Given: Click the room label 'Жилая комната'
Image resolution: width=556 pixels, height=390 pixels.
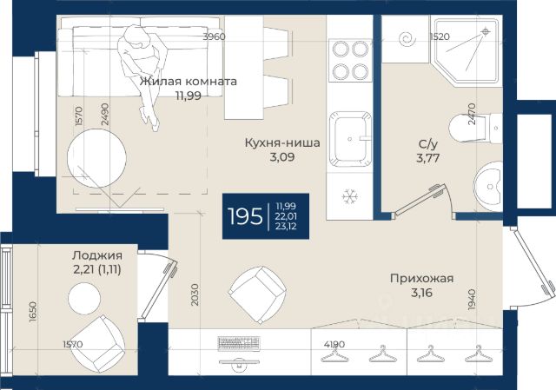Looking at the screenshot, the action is pos(188,82).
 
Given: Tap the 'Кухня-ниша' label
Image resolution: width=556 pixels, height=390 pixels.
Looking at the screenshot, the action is pos(282,142).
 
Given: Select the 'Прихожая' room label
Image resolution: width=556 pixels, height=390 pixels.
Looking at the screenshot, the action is pos(421,278).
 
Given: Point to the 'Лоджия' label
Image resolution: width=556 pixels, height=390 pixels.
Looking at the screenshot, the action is pos(97,255).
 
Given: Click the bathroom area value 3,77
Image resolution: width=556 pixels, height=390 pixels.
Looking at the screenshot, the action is pos(428,158).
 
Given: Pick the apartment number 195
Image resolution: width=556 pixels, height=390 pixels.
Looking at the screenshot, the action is pos(245,216).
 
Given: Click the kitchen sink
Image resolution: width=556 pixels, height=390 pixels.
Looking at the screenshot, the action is pos(350,139).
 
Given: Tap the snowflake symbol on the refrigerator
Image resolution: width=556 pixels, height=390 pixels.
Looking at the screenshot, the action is pos(350,196).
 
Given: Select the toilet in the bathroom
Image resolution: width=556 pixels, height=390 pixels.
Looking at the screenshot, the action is pos(475,128).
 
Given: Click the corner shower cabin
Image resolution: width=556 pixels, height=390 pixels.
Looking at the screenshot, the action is pos(467,50).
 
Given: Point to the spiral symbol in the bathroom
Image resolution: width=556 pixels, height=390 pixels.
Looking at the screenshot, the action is pos(407,38).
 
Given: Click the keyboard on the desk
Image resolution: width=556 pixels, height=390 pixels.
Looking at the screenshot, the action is pos(239,344).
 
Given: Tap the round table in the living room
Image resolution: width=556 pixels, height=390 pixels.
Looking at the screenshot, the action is pos(96,158).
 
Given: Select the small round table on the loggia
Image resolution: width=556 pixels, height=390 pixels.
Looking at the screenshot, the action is pos(84,299).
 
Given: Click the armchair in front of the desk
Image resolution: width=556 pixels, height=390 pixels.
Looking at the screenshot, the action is pos(257,295).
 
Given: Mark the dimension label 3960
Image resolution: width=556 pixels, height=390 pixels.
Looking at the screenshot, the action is pos(214,36).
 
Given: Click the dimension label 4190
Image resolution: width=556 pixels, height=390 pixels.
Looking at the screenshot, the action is pos(334,344).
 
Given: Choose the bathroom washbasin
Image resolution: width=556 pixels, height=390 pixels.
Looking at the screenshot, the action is pos(488,187).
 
